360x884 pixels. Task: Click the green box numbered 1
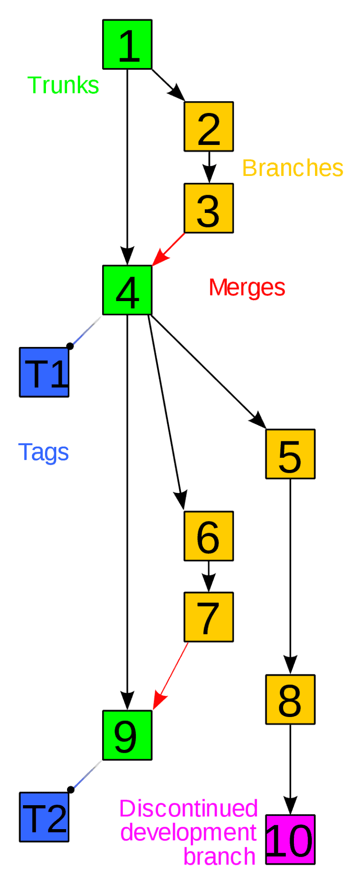click(127, 45)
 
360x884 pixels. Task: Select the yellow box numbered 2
click(209, 127)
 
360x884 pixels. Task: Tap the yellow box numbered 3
click(209, 208)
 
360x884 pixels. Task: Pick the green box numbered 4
click(127, 290)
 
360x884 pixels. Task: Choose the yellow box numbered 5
click(290, 454)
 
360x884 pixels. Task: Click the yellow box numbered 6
click(209, 536)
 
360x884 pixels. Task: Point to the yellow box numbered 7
click(209, 617)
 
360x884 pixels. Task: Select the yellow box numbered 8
click(290, 700)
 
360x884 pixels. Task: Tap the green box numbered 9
click(127, 735)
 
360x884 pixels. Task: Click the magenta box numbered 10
click(290, 839)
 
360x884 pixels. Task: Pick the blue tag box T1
click(44, 372)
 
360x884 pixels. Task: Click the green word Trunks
click(63, 85)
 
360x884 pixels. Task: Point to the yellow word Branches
click(293, 168)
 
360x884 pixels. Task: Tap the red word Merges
click(247, 287)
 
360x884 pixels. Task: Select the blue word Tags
click(44, 453)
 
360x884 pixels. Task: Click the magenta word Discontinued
click(188, 808)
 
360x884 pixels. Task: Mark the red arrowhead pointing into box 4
click(159, 258)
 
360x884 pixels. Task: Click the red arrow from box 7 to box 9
click(171, 676)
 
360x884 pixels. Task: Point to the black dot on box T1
click(70, 346)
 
